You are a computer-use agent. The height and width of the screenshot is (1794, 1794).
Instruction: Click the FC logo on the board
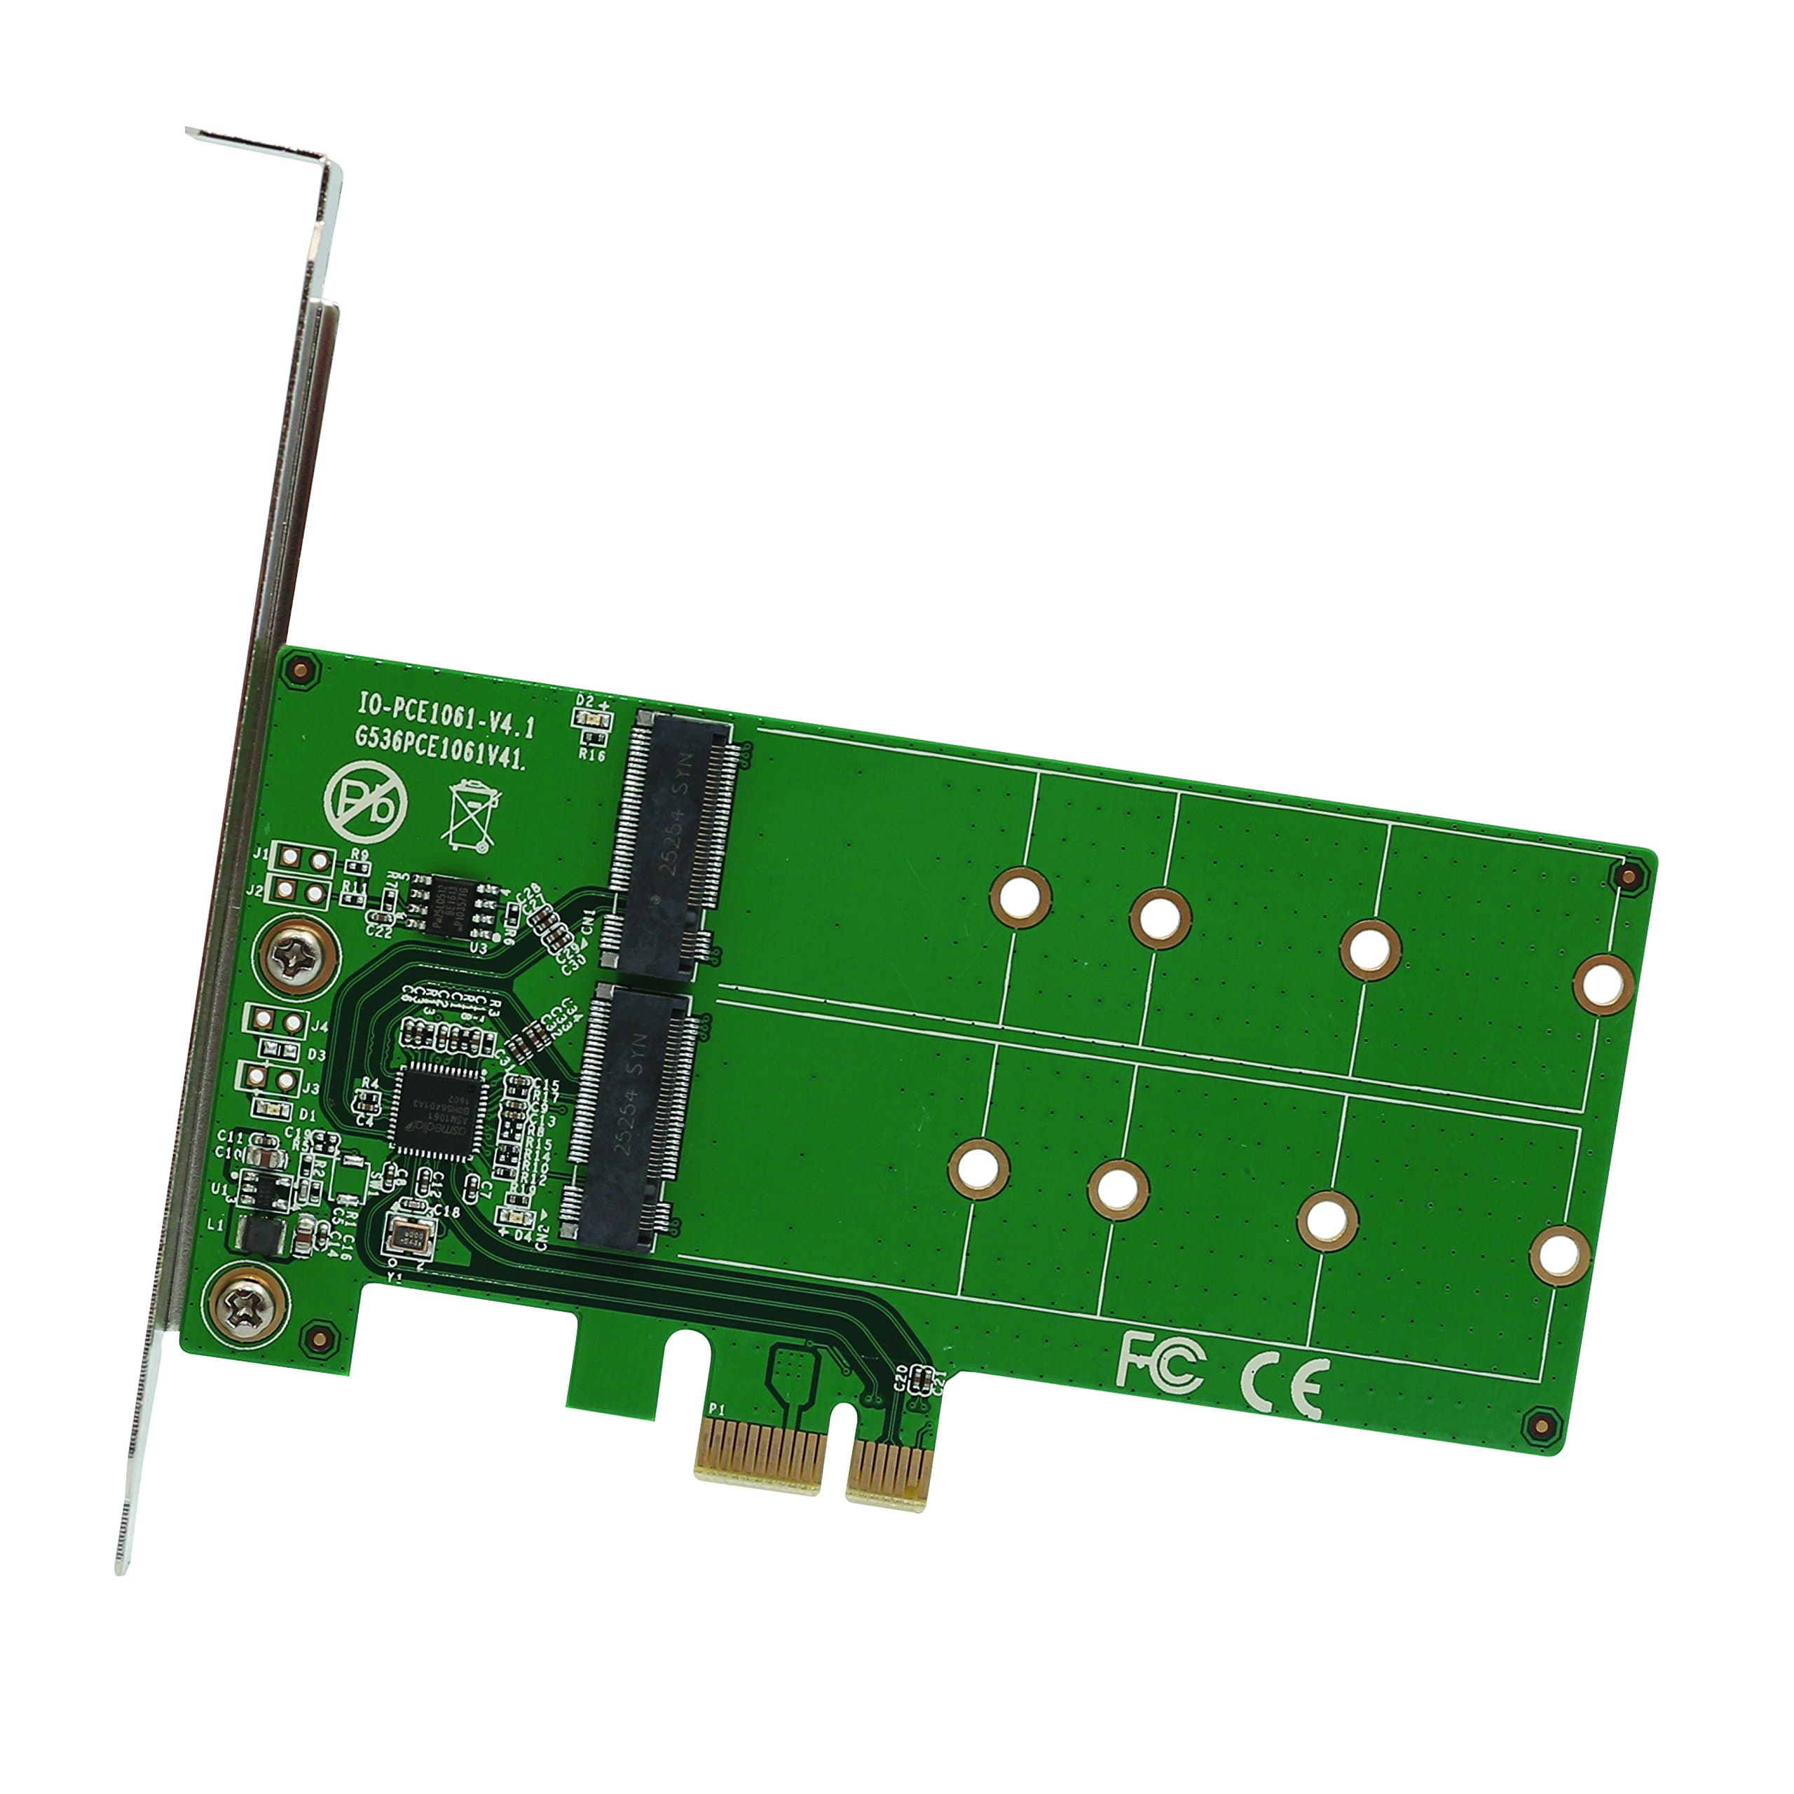1160,1362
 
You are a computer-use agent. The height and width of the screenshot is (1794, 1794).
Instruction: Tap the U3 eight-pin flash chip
457,905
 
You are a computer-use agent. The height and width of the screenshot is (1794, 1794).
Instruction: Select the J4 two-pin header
276,1022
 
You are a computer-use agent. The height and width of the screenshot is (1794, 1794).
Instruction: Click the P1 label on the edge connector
716,1409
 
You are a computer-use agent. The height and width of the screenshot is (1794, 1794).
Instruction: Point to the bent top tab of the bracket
265,149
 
